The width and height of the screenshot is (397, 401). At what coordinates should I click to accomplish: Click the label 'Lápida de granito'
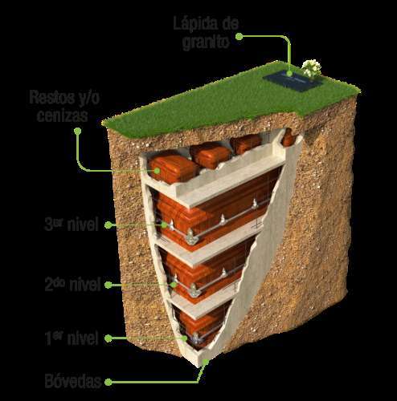pyautogui.click(x=206, y=33)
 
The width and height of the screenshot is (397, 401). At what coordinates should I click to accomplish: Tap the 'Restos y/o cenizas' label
pyautogui.click(x=64, y=107)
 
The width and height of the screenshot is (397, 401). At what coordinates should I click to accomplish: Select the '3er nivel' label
pyautogui.click(x=72, y=224)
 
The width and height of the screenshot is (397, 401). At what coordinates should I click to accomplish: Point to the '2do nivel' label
pyautogui.click(x=72, y=284)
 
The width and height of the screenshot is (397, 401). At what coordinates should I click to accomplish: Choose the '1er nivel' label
pyautogui.click(x=72, y=338)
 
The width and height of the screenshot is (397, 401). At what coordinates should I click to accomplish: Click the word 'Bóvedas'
pyautogui.click(x=73, y=381)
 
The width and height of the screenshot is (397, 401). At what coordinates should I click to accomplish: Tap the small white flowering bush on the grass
pyautogui.click(x=312, y=68)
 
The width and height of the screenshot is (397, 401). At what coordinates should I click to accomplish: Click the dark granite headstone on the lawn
pyautogui.click(x=293, y=80)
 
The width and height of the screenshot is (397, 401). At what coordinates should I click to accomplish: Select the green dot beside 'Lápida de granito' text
pyautogui.click(x=239, y=37)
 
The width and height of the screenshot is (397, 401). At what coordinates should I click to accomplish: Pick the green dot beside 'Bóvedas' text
pyautogui.click(x=108, y=382)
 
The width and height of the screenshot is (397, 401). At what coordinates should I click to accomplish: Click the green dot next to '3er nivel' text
pyautogui.click(x=108, y=225)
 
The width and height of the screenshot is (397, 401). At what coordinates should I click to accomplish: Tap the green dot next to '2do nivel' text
pyautogui.click(x=108, y=285)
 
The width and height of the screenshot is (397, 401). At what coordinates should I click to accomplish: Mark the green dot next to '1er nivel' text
pyautogui.click(x=108, y=338)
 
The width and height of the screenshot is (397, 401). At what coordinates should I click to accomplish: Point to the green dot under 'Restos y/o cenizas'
pyautogui.click(x=78, y=131)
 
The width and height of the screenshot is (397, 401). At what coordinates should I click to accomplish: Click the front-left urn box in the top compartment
pyautogui.click(x=173, y=169)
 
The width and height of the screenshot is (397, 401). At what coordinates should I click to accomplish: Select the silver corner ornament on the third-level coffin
pyautogui.click(x=190, y=237)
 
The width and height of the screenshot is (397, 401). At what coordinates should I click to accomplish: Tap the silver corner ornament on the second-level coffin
pyautogui.click(x=194, y=290)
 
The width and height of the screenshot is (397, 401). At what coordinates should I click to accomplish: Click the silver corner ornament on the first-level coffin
pyautogui.click(x=196, y=339)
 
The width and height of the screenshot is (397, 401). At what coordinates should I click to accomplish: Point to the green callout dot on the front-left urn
pyautogui.click(x=157, y=170)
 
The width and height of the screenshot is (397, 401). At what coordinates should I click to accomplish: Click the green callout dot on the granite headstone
pyautogui.click(x=289, y=73)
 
